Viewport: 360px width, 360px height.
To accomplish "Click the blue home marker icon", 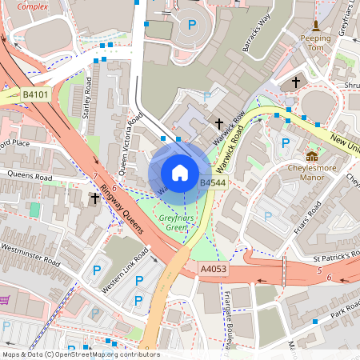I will [x=180, y=173].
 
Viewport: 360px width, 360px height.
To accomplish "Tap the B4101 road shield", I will [x=34, y=94].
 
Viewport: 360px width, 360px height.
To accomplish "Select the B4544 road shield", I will [x=213, y=183].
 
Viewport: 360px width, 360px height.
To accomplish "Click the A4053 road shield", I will [x=214, y=269].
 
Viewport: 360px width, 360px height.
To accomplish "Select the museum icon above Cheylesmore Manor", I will [x=312, y=156].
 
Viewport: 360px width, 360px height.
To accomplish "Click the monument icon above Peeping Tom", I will [x=316, y=26].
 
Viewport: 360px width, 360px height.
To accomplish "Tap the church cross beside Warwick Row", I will [x=219, y=124].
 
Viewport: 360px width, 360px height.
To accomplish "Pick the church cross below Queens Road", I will [x=95, y=198].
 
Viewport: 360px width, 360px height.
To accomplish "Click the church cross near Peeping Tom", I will [x=296, y=82].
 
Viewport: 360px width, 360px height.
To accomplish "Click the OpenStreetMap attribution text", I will [x=80, y=354].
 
